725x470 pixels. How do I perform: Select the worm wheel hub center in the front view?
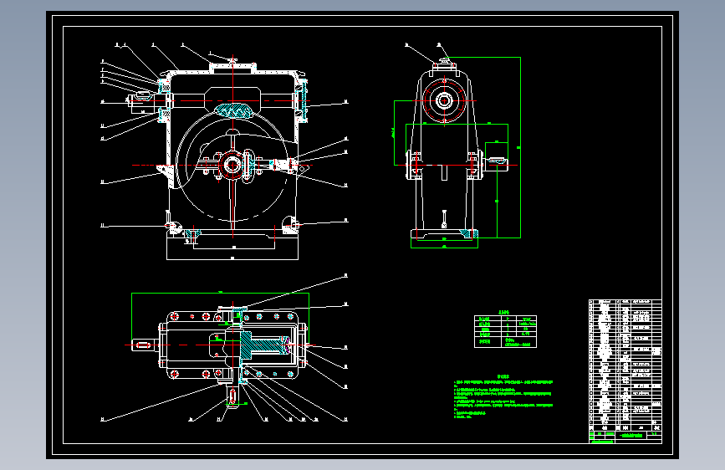pyautogui.click(x=232, y=165)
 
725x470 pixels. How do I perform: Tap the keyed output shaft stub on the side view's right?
pyautogui.click(x=496, y=163)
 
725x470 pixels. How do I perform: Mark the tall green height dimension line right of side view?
pyautogui.click(x=520, y=151)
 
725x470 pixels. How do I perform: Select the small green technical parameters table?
pyautogui.click(x=506, y=330)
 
